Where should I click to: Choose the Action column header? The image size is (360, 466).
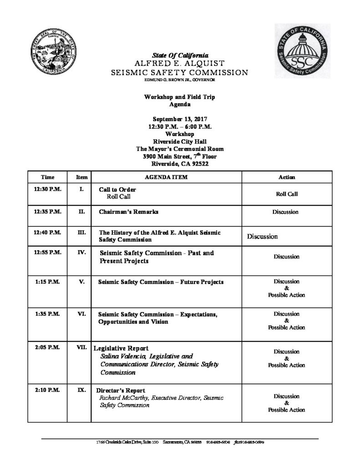click(286, 177)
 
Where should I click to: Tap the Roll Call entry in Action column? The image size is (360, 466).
click(286, 193)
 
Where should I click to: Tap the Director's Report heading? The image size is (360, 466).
click(121, 390)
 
